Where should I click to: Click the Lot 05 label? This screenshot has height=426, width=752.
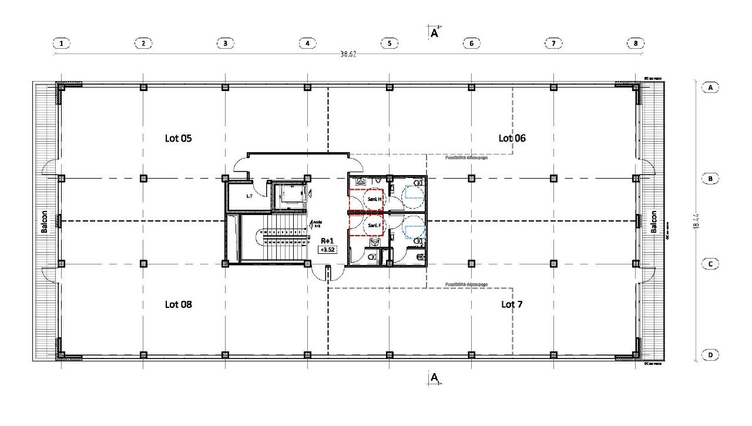(x=178, y=139)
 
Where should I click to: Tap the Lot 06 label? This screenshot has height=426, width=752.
(x=512, y=138)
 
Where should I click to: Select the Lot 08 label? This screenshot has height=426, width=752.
(x=178, y=304)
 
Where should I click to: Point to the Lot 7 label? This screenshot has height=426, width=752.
(x=512, y=304)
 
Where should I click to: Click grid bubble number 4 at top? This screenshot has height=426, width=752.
(x=307, y=43)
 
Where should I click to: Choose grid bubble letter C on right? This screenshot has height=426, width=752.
(x=710, y=264)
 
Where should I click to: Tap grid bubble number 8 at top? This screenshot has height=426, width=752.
(x=635, y=43)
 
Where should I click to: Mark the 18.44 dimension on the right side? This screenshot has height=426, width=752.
(x=696, y=221)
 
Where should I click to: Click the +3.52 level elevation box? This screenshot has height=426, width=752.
(x=326, y=249)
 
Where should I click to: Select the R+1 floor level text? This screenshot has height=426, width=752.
(x=327, y=241)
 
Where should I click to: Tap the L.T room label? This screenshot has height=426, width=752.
(x=250, y=196)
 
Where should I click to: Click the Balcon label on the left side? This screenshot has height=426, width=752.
(x=44, y=222)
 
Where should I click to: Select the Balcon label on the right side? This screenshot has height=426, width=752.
(x=654, y=222)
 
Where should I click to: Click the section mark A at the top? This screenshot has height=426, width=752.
(x=435, y=33)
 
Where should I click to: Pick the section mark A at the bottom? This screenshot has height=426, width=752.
(x=435, y=377)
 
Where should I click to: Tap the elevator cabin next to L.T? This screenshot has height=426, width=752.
(x=288, y=196)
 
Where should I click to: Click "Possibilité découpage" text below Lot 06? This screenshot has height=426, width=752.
(x=466, y=157)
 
